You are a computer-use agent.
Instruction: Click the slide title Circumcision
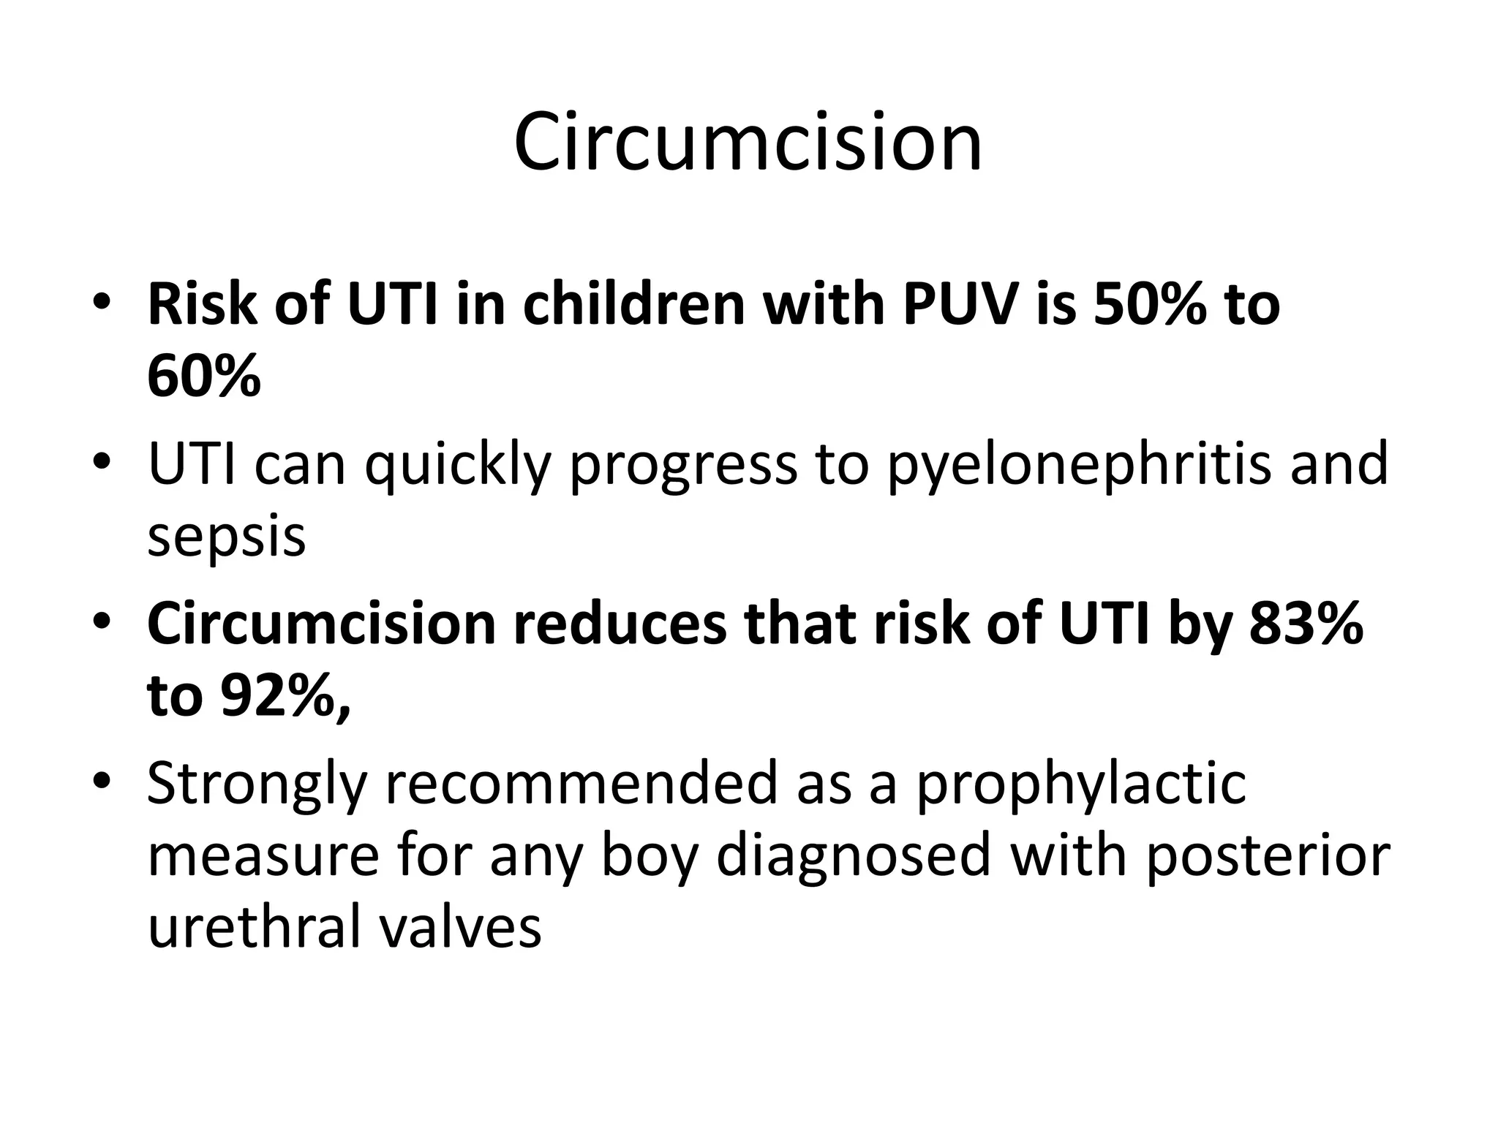pos(748,143)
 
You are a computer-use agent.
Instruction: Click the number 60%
pos(204,377)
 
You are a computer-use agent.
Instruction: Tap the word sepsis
pos(227,537)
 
